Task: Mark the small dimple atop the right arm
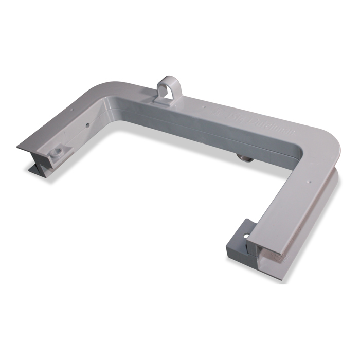309,181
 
